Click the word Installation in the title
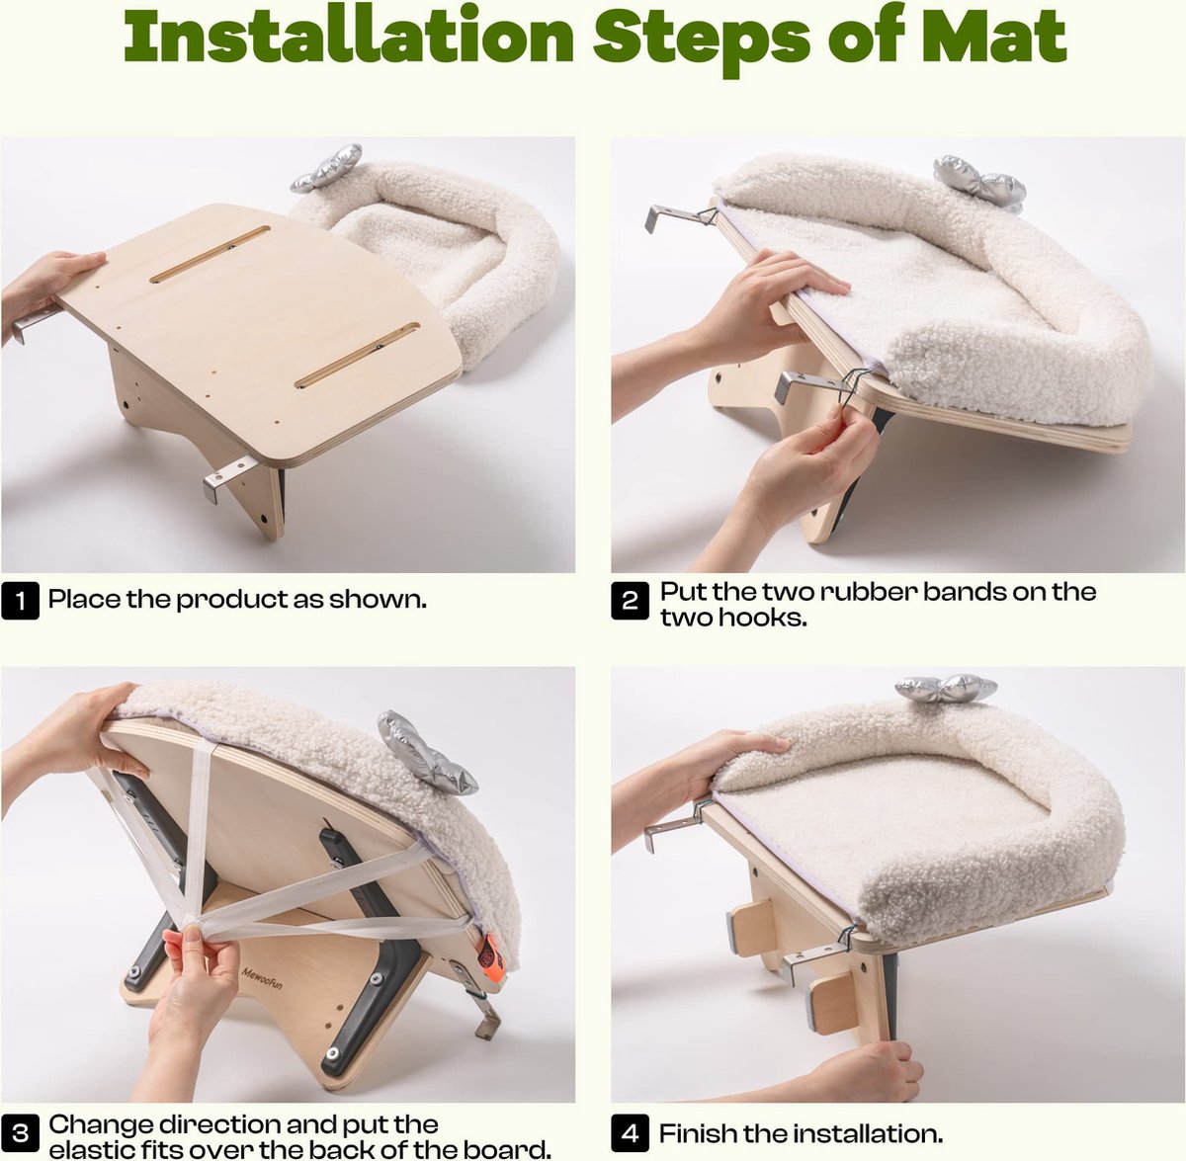tap(348, 36)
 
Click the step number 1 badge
tap(21, 600)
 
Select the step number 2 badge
tap(630, 600)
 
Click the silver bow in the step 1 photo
tap(326, 167)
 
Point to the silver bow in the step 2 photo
tap(979, 179)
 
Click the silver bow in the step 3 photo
tap(425, 754)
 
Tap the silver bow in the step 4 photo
tap(946, 688)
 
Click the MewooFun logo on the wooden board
tap(262, 978)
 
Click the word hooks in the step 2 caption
tap(763, 618)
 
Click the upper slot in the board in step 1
tap(210, 254)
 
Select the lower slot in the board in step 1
tap(357, 355)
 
